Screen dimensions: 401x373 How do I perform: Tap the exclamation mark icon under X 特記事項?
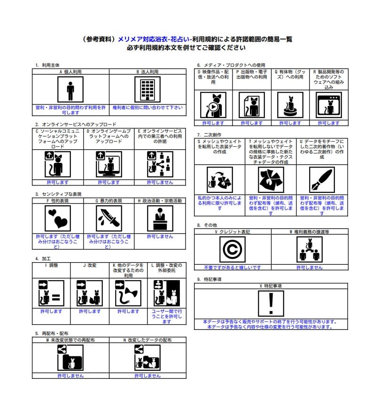271,303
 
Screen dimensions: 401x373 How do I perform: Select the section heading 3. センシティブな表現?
58,194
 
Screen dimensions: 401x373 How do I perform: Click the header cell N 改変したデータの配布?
148,339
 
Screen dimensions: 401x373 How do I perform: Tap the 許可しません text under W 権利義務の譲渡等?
310,267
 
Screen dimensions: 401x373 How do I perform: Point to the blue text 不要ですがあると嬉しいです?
233,267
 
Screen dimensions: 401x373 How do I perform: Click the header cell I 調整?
51,265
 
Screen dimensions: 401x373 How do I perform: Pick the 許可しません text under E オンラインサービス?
160,182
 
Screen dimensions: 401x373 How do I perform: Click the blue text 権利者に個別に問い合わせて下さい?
148,107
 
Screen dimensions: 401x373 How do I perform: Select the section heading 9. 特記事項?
209,279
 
